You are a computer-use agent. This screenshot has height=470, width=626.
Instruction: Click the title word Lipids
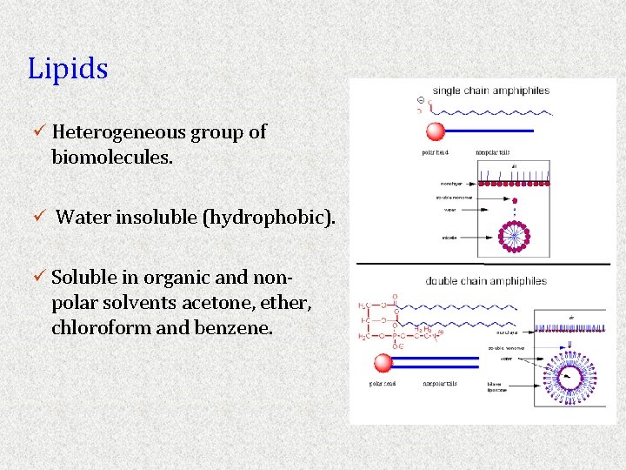point(68,69)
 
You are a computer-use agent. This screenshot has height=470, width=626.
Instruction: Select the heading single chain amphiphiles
point(490,91)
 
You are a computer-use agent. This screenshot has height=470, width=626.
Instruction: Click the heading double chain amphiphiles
point(486,280)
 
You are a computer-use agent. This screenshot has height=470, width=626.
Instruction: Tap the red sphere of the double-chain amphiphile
point(383,364)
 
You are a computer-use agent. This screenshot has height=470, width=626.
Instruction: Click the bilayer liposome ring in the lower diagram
point(569,377)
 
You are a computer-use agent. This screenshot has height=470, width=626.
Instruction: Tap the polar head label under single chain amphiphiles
point(436,153)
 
